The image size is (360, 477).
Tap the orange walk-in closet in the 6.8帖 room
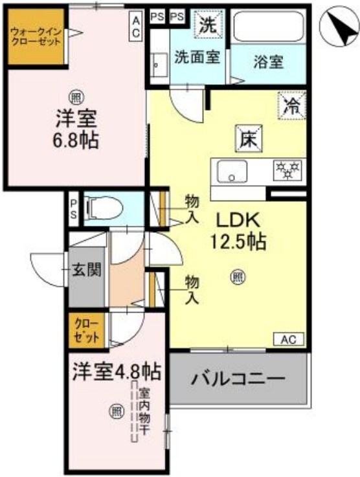tap(36, 36)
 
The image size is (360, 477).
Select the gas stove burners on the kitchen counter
tap(288, 170)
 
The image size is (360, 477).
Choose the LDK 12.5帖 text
tap(237, 230)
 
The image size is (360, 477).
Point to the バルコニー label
tap(238, 378)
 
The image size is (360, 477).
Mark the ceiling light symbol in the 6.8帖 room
tap(76, 98)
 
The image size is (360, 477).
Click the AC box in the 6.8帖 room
tap(137, 27)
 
